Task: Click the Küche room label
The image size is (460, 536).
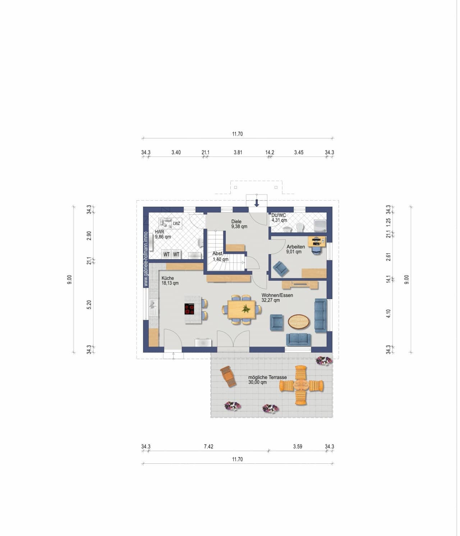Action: pos(167,278)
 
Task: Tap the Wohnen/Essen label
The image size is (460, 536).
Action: pos(277,296)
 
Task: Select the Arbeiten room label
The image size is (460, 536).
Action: pos(296,247)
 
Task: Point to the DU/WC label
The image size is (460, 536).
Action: pos(279,215)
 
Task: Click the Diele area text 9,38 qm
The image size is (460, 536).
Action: pos(239,226)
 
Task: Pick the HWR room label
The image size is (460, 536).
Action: pos(160,232)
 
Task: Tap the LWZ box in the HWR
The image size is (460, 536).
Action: pos(176,224)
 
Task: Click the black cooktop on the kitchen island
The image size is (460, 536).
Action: pos(189,309)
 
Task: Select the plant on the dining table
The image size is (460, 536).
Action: pos(245,308)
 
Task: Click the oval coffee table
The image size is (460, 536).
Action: pos(298,322)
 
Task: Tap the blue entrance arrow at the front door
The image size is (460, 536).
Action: pos(257,203)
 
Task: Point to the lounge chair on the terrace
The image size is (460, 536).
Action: pos(228,376)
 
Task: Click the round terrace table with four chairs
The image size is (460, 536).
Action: pos(301,385)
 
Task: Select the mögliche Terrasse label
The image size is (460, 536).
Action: pos(267,377)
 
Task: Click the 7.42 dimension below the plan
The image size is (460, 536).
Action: pos(208,446)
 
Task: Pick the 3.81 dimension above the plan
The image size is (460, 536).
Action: pos(238,152)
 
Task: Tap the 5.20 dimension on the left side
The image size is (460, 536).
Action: pos(89,305)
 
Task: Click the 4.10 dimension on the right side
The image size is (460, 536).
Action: pos(388,313)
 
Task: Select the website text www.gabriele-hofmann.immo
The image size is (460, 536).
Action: pos(146,259)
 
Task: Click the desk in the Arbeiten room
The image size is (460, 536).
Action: pos(317,242)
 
